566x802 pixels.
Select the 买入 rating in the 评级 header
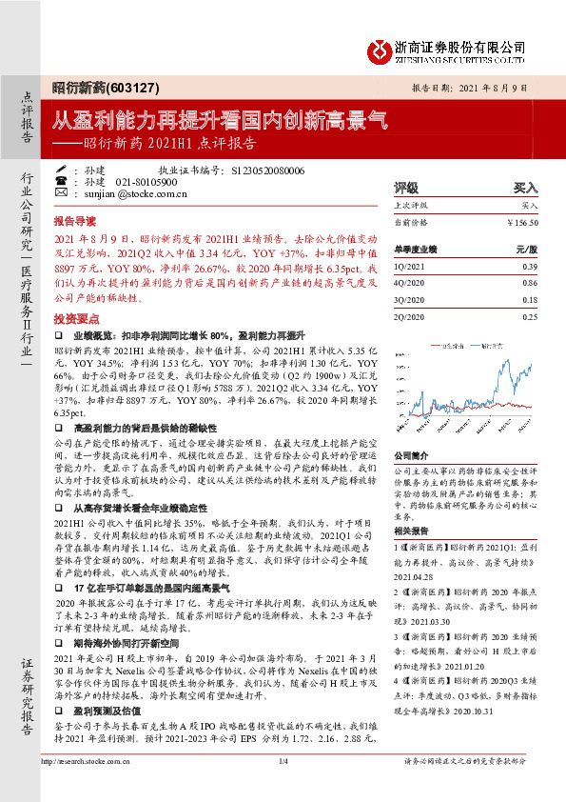(526, 189)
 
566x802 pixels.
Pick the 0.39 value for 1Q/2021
(529, 267)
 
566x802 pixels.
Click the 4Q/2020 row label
(410, 283)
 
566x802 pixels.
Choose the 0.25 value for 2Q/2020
(529, 316)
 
